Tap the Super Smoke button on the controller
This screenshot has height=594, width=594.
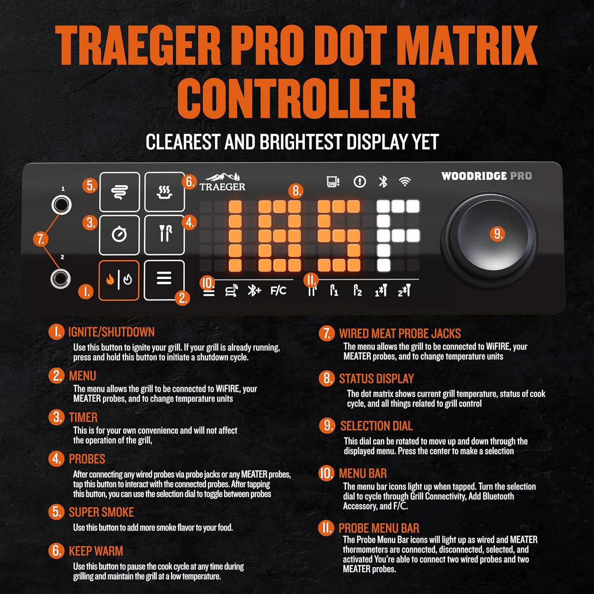pyautogui.click(x=119, y=192)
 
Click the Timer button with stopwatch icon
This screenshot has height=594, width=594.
pyautogui.click(x=119, y=235)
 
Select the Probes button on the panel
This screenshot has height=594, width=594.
pyautogui.click(x=164, y=235)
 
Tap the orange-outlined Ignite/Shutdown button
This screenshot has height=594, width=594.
pyautogui.click(x=119, y=280)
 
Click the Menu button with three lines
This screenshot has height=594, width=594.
pyautogui.click(x=164, y=280)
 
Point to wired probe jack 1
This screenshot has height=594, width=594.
pyautogui.click(x=61, y=205)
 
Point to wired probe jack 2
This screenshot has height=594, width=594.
pyautogui.click(x=61, y=278)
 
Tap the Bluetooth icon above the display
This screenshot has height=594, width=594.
pyautogui.click(x=383, y=182)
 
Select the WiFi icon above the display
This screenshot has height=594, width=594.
pyautogui.click(x=405, y=182)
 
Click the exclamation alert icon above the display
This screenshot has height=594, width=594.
pyautogui.click(x=360, y=182)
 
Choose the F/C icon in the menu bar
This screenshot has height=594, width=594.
pyautogui.click(x=278, y=291)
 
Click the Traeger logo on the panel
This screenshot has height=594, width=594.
pyautogui.click(x=222, y=182)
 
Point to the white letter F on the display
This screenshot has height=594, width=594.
pyautogui.click(x=398, y=236)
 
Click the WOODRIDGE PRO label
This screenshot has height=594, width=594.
pyautogui.click(x=487, y=176)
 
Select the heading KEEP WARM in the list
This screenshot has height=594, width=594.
pyautogui.click(x=96, y=551)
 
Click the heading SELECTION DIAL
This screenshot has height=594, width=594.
pyautogui.click(x=377, y=426)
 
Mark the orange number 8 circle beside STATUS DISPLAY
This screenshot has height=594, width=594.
pyautogui.click(x=327, y=378)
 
